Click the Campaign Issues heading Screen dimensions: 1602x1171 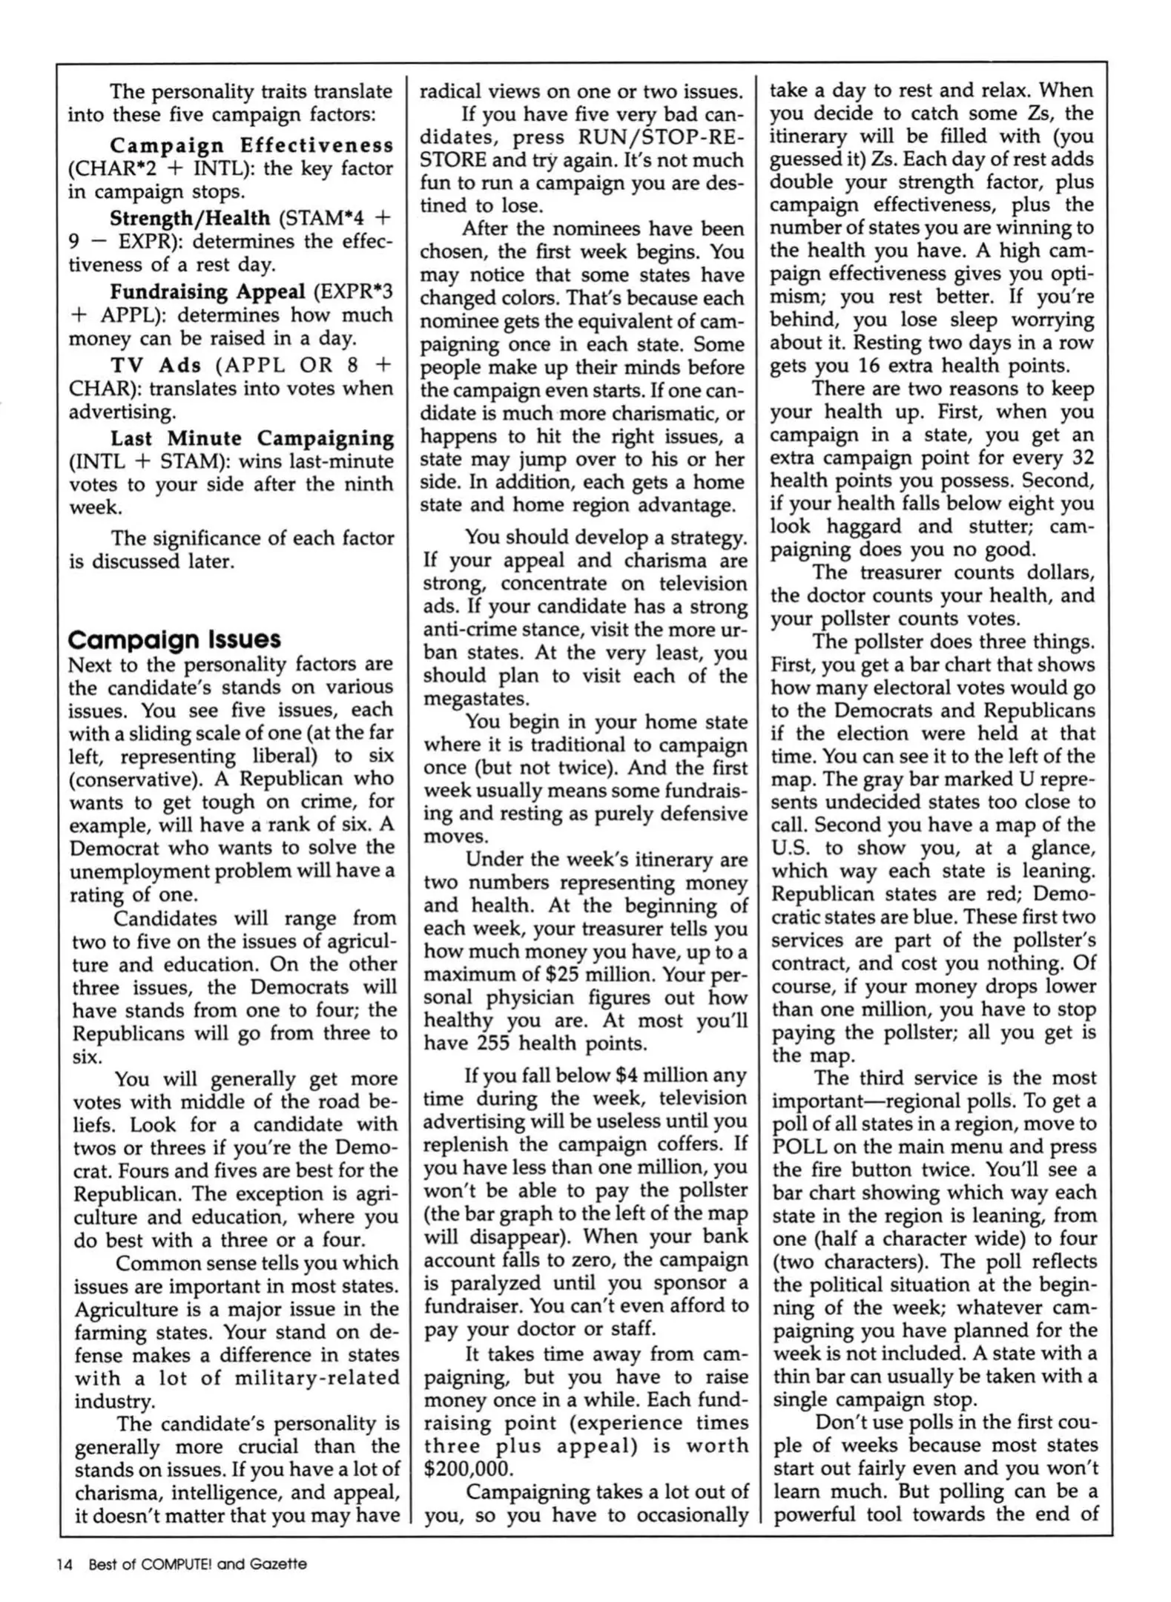pyautogui.click(x=174, y=639)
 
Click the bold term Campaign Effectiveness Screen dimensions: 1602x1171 pyautogui.click(x=251, y=145)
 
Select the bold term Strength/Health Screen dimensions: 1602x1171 pyautogui.click(x=190, y=217)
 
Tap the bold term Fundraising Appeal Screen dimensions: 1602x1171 pyautogui.click(x=208, y=291)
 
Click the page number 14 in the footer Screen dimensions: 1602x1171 pyautogui.click(x=64, y=1564)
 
